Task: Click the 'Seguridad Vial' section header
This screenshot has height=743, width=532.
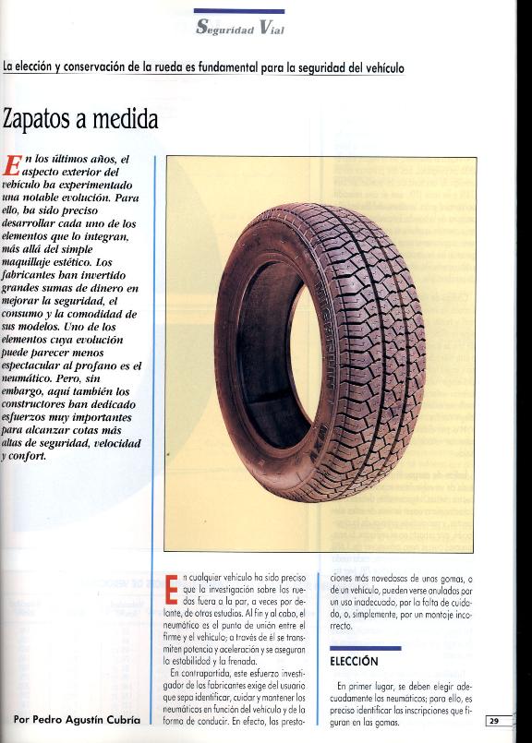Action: click(239, 29)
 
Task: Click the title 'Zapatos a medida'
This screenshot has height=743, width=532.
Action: click(80, 119)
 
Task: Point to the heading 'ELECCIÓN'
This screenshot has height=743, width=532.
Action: click(354, 661)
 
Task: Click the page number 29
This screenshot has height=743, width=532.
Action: click(495, 721)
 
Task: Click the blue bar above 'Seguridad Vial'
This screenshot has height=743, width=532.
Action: click(239, 11)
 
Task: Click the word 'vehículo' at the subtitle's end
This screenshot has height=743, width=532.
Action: click(381, 68)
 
